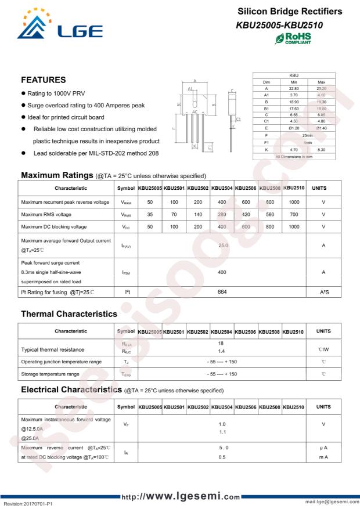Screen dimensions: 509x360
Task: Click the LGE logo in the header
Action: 59,27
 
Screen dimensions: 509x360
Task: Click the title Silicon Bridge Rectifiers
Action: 290,12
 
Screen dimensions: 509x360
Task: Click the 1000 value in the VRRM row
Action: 294,201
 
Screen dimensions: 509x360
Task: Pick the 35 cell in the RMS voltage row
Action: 150,214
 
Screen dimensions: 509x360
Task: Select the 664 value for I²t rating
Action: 222,291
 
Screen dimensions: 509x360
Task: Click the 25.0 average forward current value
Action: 223,246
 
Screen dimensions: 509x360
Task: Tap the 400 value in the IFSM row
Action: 222,271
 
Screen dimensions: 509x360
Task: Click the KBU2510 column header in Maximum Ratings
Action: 294,188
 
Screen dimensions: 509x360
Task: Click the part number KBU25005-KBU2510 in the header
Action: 279,26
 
